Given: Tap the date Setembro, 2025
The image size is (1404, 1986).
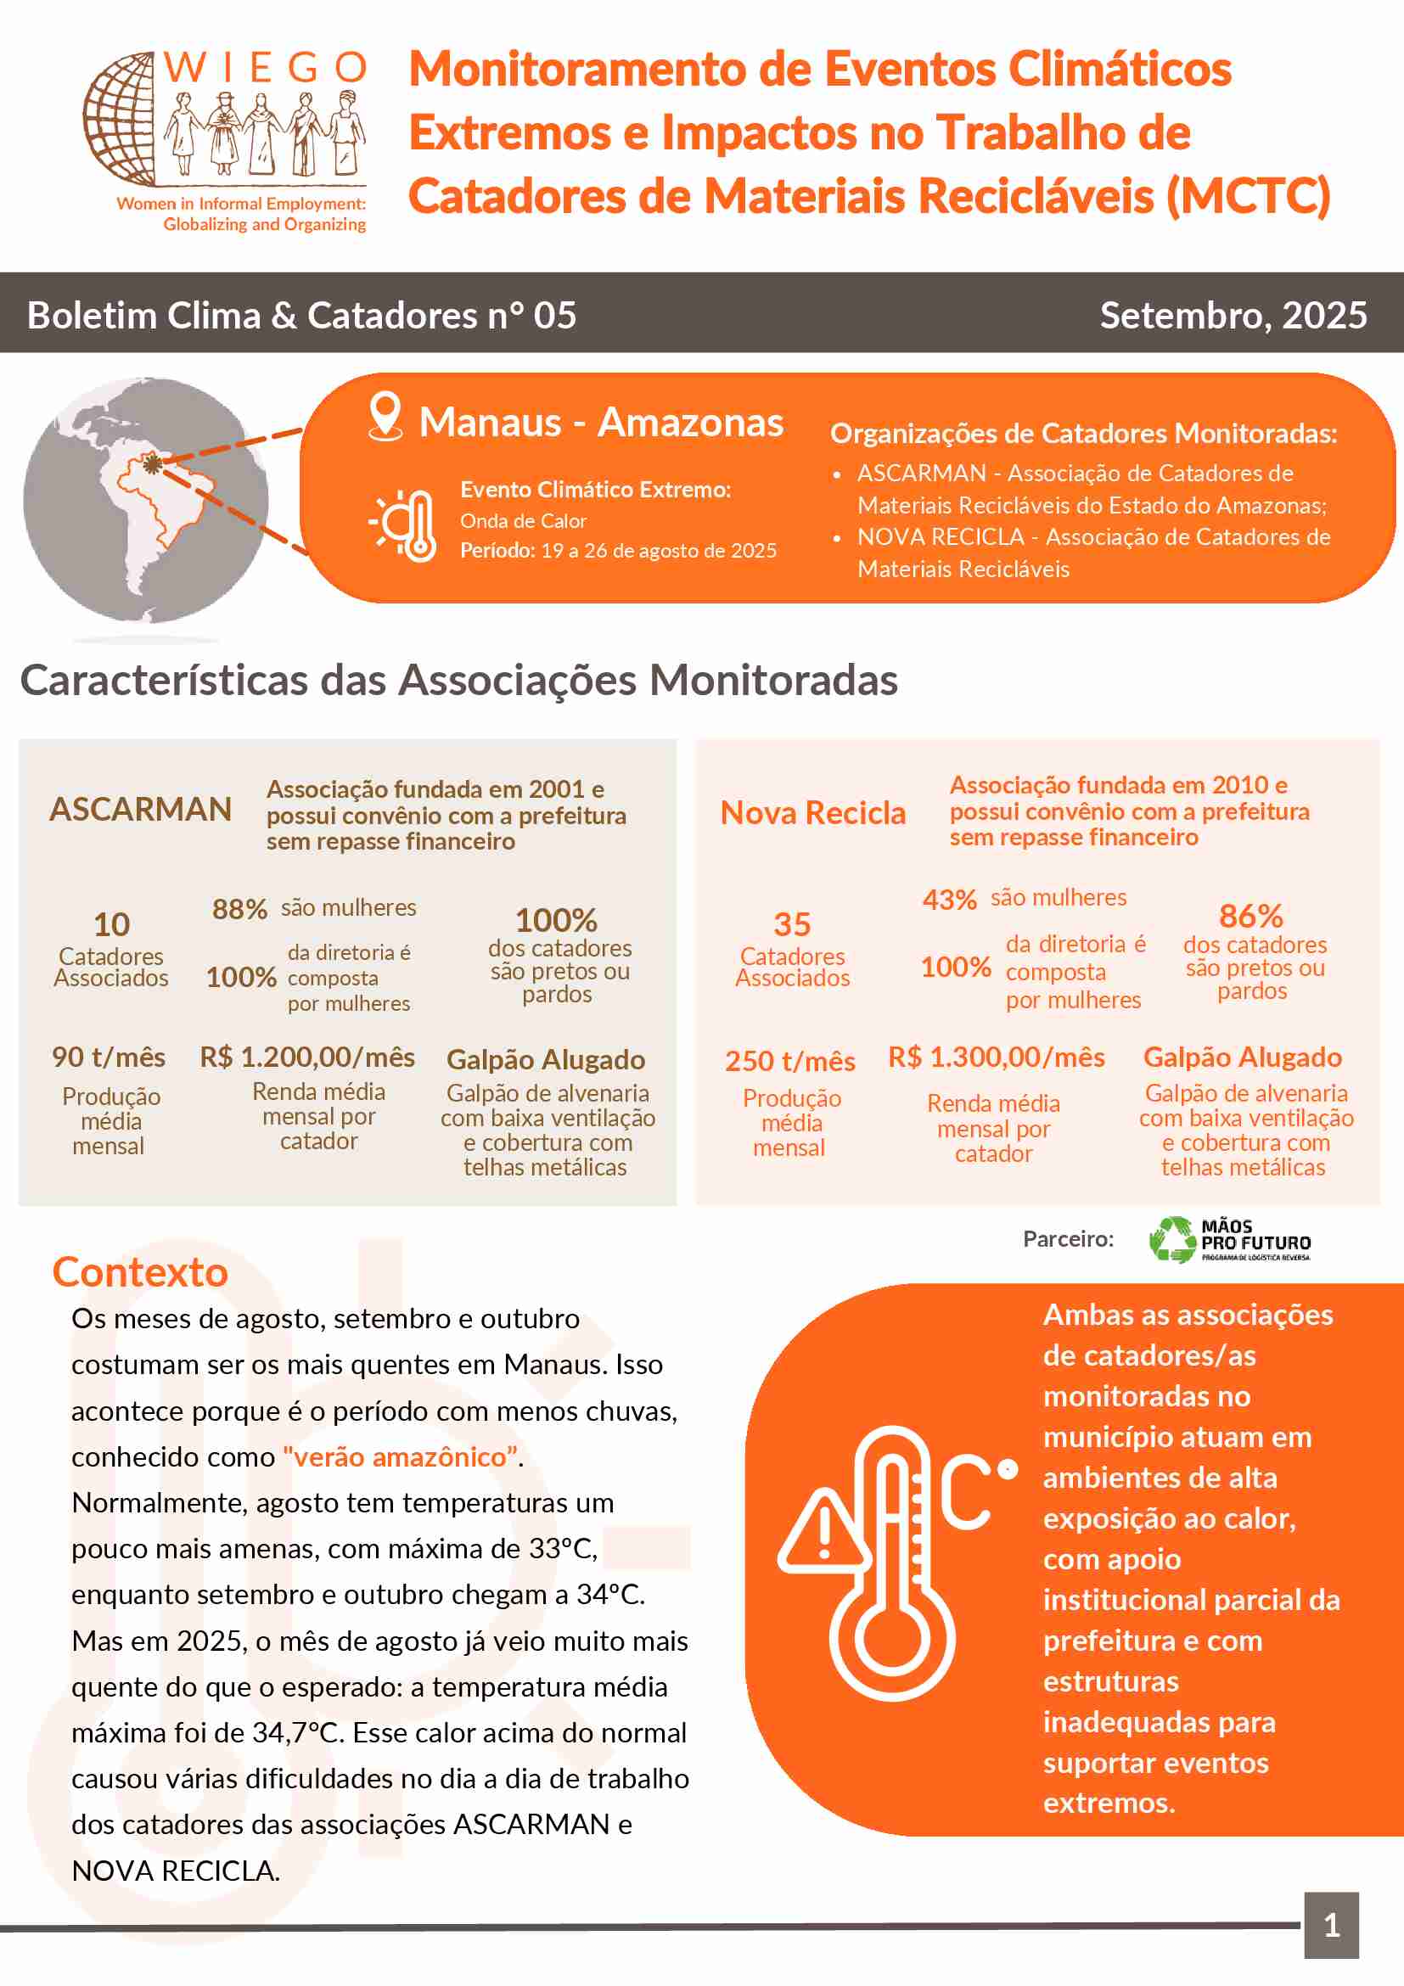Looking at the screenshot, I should (x=1233, y=316).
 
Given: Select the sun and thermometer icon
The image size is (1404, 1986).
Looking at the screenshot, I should (x=404, y=525).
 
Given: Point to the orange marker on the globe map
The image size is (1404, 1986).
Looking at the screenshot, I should (x=152, y=464).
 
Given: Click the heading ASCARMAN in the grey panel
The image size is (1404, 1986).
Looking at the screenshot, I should (x=140, y=810).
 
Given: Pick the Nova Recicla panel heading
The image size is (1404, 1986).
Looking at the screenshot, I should (x=812, y=813).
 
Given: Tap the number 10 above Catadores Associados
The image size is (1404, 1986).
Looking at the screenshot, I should (x=111, y=924).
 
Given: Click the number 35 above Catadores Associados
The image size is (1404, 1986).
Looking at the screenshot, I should (x=791, y=924).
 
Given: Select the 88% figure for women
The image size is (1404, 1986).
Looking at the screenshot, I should (x=239, y=909).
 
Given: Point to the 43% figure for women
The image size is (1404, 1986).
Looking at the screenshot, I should (x=949, y=900).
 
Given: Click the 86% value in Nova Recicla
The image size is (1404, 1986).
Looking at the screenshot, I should (x=1250, y=916).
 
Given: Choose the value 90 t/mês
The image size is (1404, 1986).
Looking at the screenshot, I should (x=109, y=1057).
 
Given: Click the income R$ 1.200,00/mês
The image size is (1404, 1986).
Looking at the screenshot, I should (x=307, y=1057).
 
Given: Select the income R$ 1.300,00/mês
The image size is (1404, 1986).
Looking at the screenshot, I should (x=996, y=1057).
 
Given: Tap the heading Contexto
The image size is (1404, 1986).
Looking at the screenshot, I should (x=140, y=1272).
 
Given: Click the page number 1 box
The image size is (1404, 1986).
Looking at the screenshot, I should (x=1331, y=1926).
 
